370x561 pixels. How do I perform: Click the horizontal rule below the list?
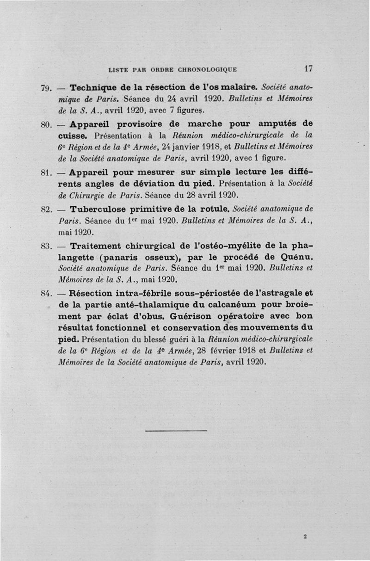click(176, 431)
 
